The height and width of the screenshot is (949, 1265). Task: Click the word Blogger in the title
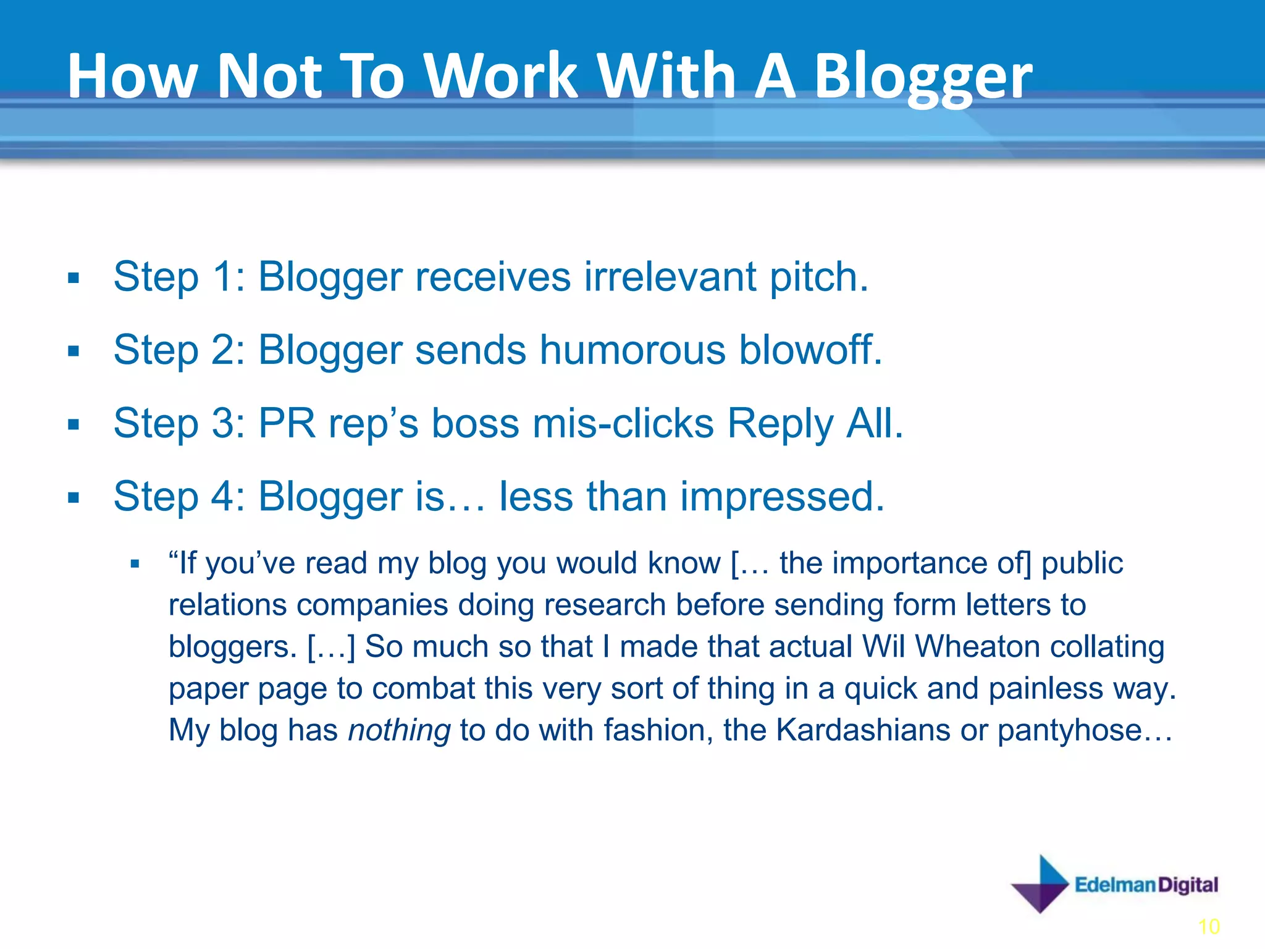[x=923, y=77]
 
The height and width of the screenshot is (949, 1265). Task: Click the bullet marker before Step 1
[x=74, y=278]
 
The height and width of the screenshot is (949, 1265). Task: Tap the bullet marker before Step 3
[x=74, y=424]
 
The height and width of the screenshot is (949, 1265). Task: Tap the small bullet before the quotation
[x=135, y=563]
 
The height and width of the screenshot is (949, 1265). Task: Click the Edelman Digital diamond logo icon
[x=1040, y=884]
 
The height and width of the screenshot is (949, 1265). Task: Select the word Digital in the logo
[x=1188, y=885]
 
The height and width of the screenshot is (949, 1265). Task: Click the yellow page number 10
[x=1209, y=927]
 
